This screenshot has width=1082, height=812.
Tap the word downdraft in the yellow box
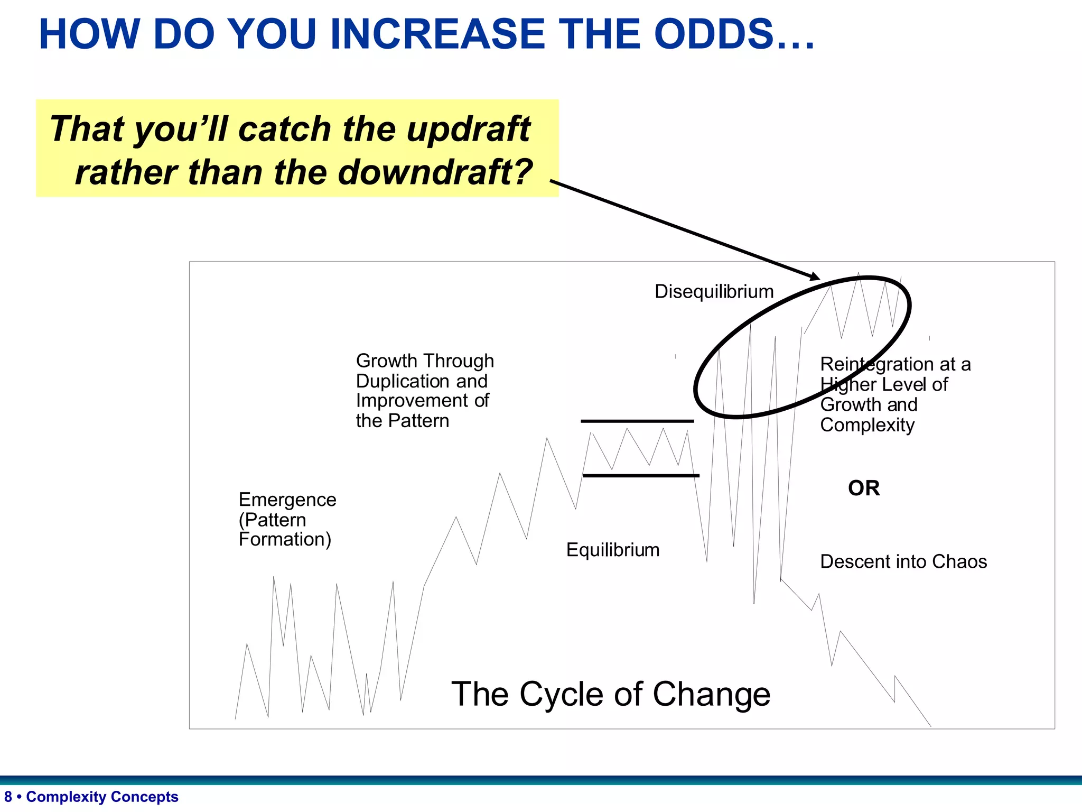[x=435, y=173]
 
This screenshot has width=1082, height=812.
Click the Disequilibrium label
[x=714, y=292]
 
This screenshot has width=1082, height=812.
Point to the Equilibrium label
[x=613, y=550]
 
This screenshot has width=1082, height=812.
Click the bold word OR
[x=864, y=488]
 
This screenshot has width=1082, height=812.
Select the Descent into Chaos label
[x=903, y=561]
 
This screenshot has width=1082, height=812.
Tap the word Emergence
[x=287, y=500]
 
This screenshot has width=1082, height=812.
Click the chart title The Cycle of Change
[x=611, y=694]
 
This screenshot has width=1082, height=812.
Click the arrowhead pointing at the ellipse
[x=815, y=276]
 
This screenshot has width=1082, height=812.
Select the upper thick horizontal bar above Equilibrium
[x=637, y=421]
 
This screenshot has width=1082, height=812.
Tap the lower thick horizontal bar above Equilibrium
[x=641, y=476]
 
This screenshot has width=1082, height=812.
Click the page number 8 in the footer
[x=8, y=797]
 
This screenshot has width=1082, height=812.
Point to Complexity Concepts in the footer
[x=102, y=797]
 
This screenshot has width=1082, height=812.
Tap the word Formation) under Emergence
[x=285, y=540]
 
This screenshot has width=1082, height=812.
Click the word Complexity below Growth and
[x=867, y=425]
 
